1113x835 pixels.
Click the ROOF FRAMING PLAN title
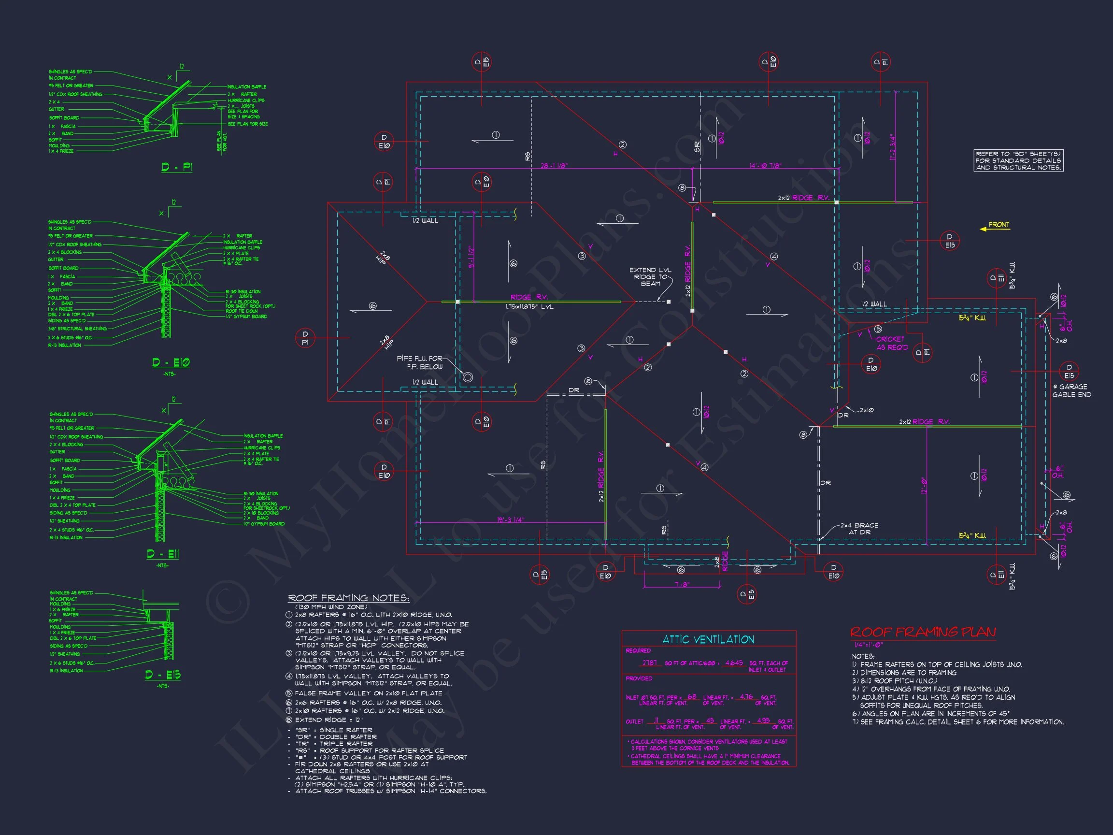pyautogui.click(x=923, y=632)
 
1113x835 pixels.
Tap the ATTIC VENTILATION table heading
pyautogui.click(x=708, y=639)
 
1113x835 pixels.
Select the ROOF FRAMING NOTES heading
pyautogui.click(x=348, y=598)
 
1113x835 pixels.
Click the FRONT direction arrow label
pyautogui.click(x=999, y=225)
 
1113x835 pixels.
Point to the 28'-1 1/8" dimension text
pyautogui.click(x=554, y=166)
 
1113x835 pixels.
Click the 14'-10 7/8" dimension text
pyautogui.click(x=765, y=166)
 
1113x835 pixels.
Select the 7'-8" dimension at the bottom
pyautogui.click(x=682, y=584)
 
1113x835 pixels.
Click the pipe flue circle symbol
pyautogui.click(x=468, y=376)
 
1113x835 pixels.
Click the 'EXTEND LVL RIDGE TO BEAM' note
pyautogui.click(x=650, y=276)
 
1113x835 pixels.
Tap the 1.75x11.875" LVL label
pyautogui.click(x=529, y=306)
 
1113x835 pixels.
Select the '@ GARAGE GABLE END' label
pyautogui.click(x=1071, y=390)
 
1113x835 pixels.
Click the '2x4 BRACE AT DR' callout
pyautogui.click(x=859, y=529)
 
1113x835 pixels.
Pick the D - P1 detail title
pyautogui.click(x=177, y=167)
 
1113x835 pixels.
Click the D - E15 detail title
pyautogui.click(x=162, y=675)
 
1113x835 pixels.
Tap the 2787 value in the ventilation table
pyautogui.click(x=649, y=663)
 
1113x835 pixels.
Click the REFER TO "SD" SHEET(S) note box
pyautogui.click(x=1018, y=160)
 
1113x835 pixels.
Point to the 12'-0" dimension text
pyautogui.click(x=924, y=485)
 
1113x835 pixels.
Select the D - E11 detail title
pyautogui.click(x=162, y=554)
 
